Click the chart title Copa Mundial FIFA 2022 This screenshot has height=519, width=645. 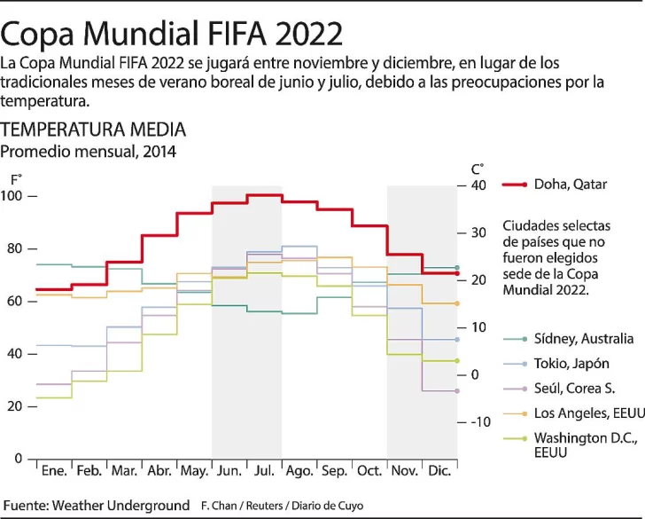coord(172,33)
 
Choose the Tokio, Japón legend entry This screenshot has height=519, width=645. coord(571,364)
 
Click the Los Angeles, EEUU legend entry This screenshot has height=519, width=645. coord(584,413)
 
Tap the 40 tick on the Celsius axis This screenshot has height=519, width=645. coord(479,185)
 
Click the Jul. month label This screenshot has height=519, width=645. coord(264,469)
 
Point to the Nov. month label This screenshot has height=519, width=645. coord(405,469)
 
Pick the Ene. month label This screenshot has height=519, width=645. coord(54,469)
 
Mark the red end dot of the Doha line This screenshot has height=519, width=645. coord(457,273)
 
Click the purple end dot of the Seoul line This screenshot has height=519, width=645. coord(457,390)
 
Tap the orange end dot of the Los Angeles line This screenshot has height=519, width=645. coord(457,303)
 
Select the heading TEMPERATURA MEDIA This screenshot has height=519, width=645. coord(94,130)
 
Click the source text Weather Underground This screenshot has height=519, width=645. coord(120,505)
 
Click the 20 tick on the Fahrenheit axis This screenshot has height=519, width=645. coord(17,406)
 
